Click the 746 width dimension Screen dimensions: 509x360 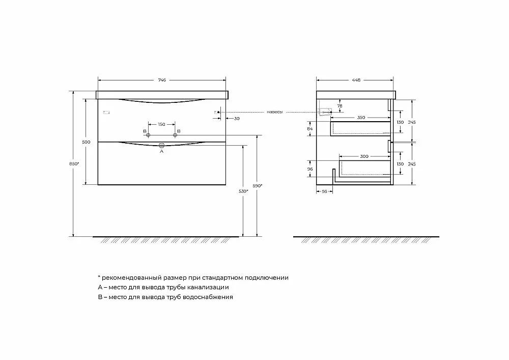coord(162,80)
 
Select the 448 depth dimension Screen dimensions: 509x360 coord(356,80)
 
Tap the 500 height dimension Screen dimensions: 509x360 coord(87,142)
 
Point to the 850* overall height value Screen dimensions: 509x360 coord(74,164)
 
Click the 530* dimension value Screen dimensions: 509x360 coord(243,191)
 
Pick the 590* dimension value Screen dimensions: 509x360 coord(257,186)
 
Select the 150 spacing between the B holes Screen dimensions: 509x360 coord(161,124)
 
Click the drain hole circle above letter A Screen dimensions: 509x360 coord(161,145)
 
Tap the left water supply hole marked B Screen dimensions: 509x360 coord(148,135)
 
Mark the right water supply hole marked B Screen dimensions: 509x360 coord(175,135)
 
